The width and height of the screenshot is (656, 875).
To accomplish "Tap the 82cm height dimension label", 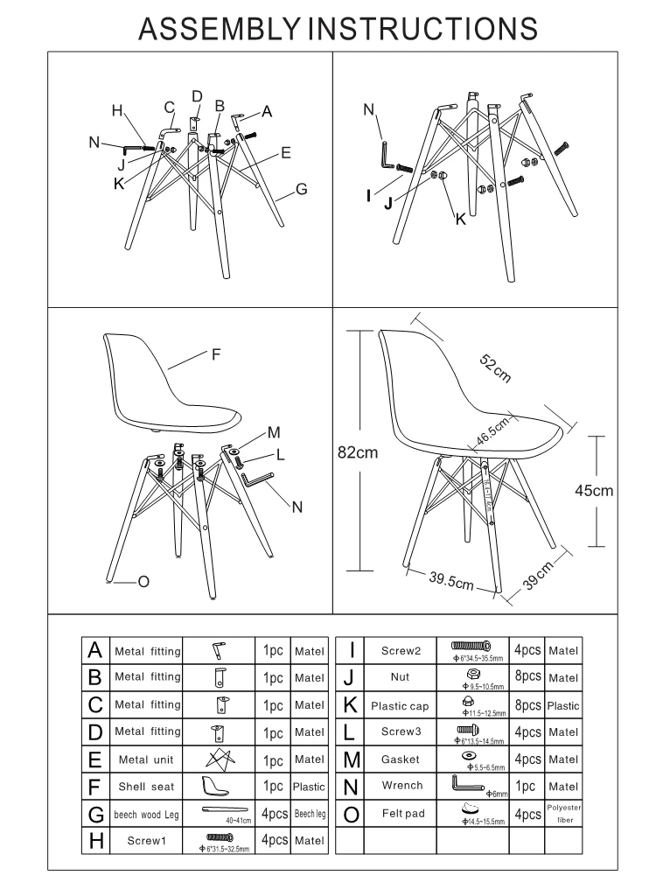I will pyautogui.click(x=359, y=451).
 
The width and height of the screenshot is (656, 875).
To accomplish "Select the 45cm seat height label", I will pyautogui.click(x=593, y=491).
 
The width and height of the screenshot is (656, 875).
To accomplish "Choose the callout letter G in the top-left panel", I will pyautogui.click(x=301, y=188).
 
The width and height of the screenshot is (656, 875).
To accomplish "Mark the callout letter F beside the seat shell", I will pyautogui.click(x=214, y=354).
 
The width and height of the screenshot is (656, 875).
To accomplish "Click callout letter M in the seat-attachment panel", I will pyautogui.click(x=273, y=432).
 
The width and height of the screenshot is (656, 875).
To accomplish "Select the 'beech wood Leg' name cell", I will pyautogui.click(x=147, y=815).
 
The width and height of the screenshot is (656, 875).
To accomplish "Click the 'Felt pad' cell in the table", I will pyautogui.click(x=403, y=814).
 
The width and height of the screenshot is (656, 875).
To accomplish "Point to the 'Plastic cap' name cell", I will pyautogui.click(x=400, y=705).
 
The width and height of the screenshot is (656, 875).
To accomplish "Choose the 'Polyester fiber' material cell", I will pyautogui.click(x=563, y=814).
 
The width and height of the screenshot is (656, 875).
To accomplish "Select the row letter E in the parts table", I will pyautogui.click(x=96, y=759).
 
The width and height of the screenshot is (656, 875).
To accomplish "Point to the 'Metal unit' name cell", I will pyautogui.click(x=147, y=759).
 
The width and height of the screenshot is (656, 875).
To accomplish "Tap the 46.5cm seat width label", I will pyautogui.click(x=493, y=431).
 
